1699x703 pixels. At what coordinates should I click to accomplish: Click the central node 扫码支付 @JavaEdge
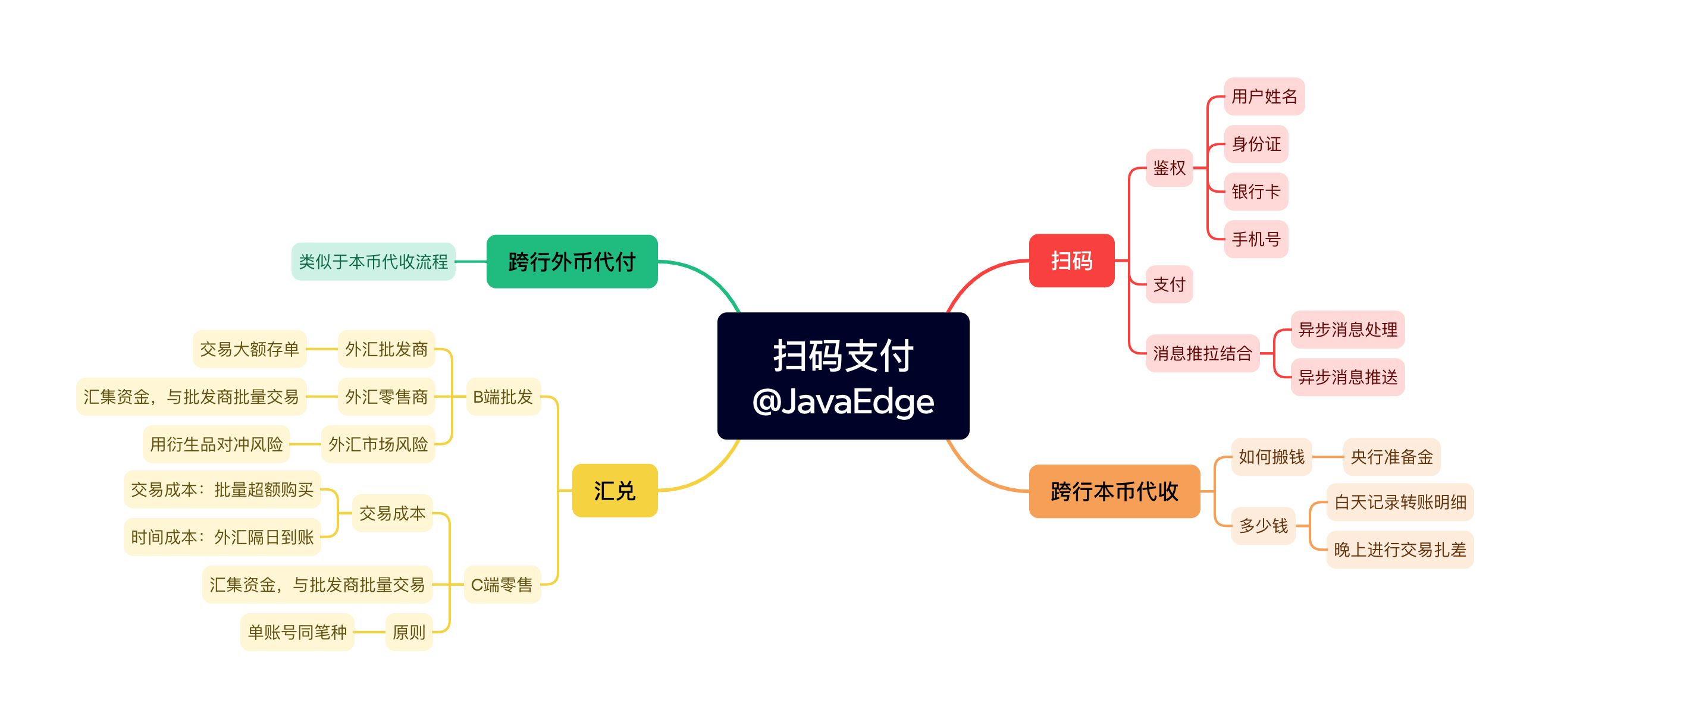click(843, 376)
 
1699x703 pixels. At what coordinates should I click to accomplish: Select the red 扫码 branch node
click(1071, 261)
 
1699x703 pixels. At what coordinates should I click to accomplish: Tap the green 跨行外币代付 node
click(572, 262)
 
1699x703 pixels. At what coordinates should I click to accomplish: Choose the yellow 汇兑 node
click(614, 491)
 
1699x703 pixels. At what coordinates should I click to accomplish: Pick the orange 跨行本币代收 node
click(1114, 491)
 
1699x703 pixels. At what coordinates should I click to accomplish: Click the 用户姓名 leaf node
click(1264, 96)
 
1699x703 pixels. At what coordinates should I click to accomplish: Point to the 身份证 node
click(1256, 144)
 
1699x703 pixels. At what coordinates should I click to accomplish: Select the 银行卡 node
click(1256, 192)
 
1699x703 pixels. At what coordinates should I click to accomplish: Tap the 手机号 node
click(1256, 238)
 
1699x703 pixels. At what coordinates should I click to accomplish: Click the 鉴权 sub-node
click(1169, 168)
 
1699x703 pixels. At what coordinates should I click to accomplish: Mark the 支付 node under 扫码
click(1169, 284)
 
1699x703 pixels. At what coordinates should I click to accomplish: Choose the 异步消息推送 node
click(1347, 377)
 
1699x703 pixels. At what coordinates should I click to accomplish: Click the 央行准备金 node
click(1391, 456)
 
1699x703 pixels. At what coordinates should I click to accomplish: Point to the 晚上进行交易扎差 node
click(1400, 550)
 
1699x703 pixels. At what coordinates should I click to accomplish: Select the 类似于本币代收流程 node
click(374, 262)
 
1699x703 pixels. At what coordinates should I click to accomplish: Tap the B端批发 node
click(503, 396)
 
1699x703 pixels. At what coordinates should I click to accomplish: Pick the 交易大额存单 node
click(249, 349)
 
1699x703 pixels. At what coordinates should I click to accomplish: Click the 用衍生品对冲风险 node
click(217, 444)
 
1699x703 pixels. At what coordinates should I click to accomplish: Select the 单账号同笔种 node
click(297, 632)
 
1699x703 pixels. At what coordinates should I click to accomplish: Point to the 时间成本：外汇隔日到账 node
click(222, 537)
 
